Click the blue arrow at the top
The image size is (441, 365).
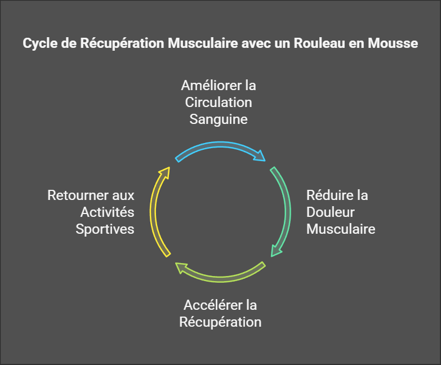click(x=220, y=145)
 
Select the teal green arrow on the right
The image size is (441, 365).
click(x=287, y=211)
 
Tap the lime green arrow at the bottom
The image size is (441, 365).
click(x=220, y=279)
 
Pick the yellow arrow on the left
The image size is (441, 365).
click(x=153, y=211)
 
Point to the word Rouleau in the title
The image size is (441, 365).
click(x=319, y=43)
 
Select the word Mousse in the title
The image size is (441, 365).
click(x=393, y=43)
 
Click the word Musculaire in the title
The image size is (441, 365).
click(x=203, y=43)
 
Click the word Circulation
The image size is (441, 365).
click(x=219, y=103)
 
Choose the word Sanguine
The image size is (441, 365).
click(x=219, y=119)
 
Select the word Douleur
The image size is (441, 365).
click(x=331, y=212)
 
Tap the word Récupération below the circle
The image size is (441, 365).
click(x=221, y=322)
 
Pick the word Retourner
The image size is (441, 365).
click(x=78, y=195)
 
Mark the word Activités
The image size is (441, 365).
click(x=108, y=212)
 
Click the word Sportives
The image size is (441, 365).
click(x=105, y=229)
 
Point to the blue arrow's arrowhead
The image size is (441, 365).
click(x=260, y=157)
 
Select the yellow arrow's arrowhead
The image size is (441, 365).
click(x=165, y=172)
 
